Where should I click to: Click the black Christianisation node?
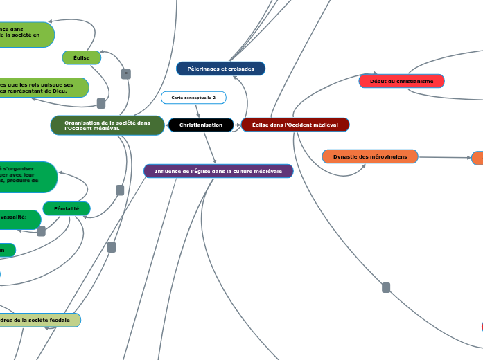pyautogui.click(x=201, y=125)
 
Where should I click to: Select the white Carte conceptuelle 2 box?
pyautogui.click(x=193, y=98)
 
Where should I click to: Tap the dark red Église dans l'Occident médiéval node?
pyautogui.click(x=295, y=125)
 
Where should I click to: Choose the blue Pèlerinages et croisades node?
pyautogui.click(x=220, y=69)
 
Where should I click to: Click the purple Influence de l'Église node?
pyautogui.click(x=218, y=170)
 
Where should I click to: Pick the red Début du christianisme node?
pyautogui.click(x=401, y=81)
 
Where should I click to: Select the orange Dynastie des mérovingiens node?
pyautogui.click(x=370, y=156)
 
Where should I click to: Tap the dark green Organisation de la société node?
pyautogui.click(x=107, y=125)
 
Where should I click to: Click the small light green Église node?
pyautogui.click(x=82, y=57)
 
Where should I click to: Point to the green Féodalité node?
pyautogui.click(x=67, y=208)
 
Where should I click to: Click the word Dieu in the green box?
pyautogui.click(x=60, y=91)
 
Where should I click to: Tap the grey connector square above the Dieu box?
pyautogui.click(x=125, y=74)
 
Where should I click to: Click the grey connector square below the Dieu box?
pyautogui.click(x=101, y=103)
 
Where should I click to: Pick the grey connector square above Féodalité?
pyautogui.click(x=120, y=190)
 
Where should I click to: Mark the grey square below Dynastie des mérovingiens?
pyautogui.click(x=386, y=287)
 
